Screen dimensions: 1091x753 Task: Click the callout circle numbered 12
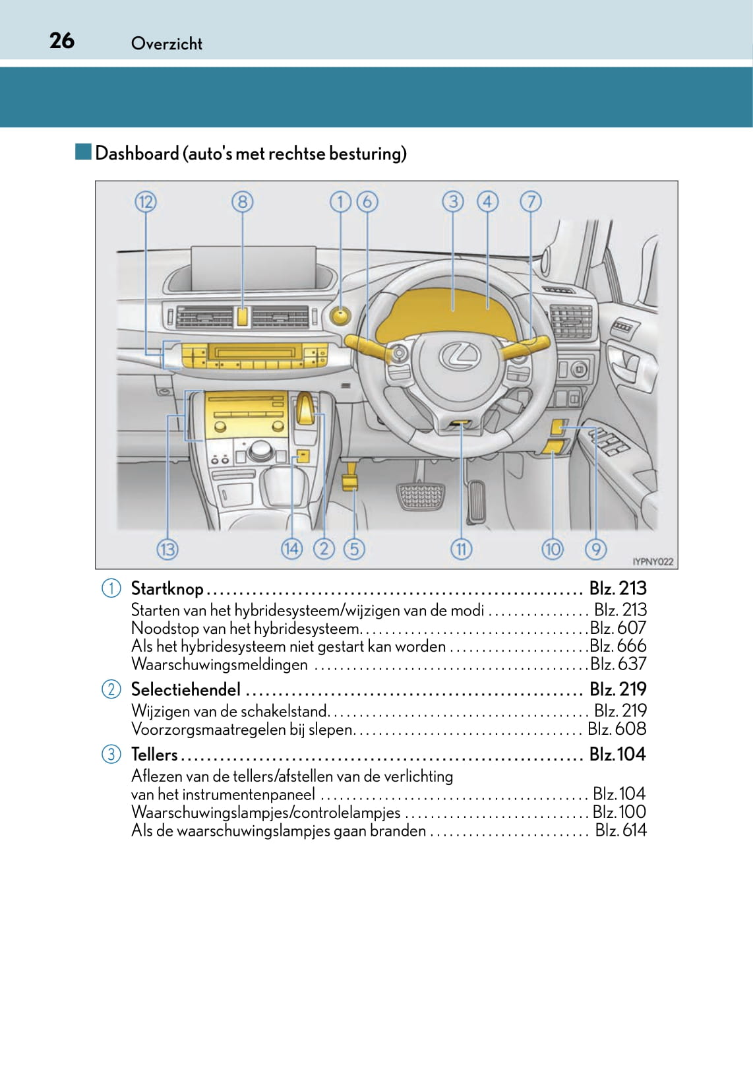click(146, 202)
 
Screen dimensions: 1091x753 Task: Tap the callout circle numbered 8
click(242, 202)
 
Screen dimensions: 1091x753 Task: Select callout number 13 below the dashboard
click(167, 549)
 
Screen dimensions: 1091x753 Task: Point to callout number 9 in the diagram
click(595, 549)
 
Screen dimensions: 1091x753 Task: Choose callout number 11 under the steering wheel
click(461, 549)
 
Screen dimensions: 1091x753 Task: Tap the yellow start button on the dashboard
click(340, 316)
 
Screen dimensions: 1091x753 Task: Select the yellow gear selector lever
click(305, 409)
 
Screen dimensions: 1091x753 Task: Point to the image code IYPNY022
click(653, 562)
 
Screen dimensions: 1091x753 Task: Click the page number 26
click(62, 41)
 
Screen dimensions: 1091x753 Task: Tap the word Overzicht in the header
click(167, 44)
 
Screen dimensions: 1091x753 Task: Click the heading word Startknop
click(167, 588)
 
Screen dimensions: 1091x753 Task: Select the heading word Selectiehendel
click(186, 689)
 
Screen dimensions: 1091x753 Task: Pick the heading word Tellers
click(154, 754)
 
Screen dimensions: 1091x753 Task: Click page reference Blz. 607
click(618, 628)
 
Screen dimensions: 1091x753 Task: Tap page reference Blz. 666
click(618, 646)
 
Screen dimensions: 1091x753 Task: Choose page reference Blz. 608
click(617, 729)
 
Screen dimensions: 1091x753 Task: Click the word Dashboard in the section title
click(137, 154)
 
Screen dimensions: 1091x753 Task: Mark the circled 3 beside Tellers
click(111, 754)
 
